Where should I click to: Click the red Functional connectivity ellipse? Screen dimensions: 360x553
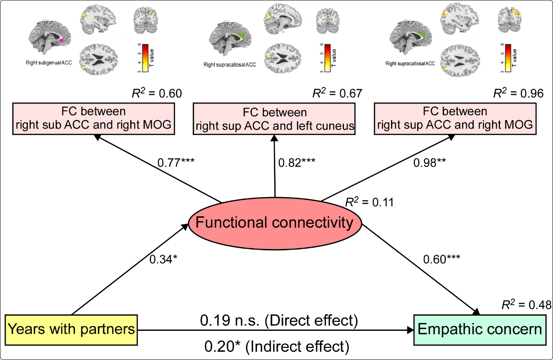pos(275,223)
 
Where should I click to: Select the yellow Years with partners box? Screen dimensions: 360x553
pos(71,329)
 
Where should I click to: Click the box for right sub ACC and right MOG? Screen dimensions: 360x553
pos(94,119)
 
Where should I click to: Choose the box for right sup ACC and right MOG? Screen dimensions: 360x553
pos(455,119)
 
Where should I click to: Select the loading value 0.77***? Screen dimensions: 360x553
pos(176,163)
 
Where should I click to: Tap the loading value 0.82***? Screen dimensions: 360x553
pos(297,163)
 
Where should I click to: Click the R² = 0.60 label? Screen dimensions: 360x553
pos(156,93)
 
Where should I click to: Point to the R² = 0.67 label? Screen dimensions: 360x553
pos(337,93)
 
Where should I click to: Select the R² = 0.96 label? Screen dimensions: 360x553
pos(518,93)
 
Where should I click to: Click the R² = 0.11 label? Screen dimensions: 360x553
pos(369,202)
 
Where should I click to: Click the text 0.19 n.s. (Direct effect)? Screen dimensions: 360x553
pos(279,321)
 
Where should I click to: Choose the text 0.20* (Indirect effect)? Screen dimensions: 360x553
pos(277,347)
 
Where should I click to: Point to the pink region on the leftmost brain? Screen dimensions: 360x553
pos(62,40)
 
